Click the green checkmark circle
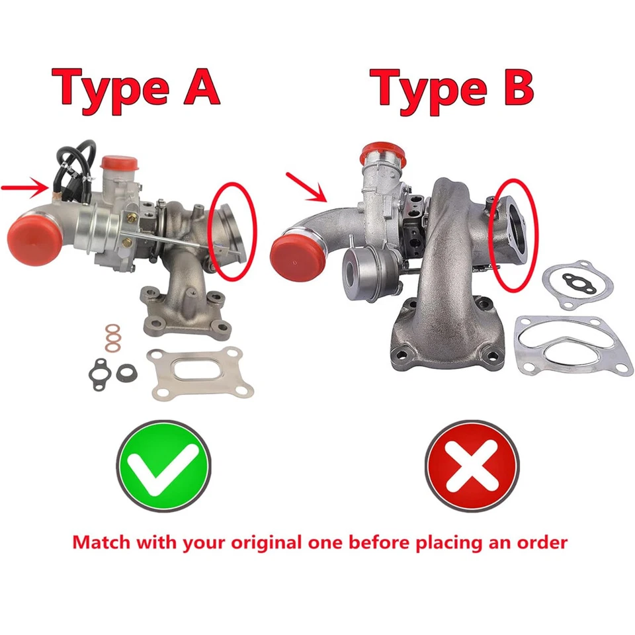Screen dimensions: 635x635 (163, 466)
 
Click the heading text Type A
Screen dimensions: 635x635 (136, 88)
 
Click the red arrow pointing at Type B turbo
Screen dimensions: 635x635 (306, 187)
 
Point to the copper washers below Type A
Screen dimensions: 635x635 (114, 337)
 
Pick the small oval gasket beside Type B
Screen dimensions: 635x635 (577, 285)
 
